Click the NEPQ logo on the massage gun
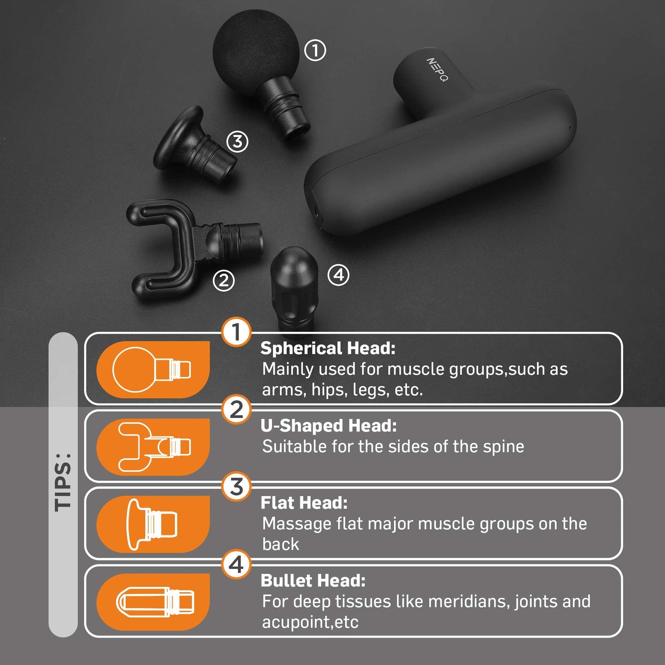click(437, 69)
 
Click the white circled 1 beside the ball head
click(315, 50)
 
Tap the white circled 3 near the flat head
click(237, 141)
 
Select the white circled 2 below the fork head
click(224, 280)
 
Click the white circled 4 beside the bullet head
click(338, 275)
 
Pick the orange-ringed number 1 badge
click(236, 332)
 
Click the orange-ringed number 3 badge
click(236, 486)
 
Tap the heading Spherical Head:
click(328, 348)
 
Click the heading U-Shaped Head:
click(329, 425)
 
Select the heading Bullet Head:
click(313, 580)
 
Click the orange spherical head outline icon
click(153, 370)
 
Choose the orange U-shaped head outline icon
click(153, 447)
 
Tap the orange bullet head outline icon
click(153, 602)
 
